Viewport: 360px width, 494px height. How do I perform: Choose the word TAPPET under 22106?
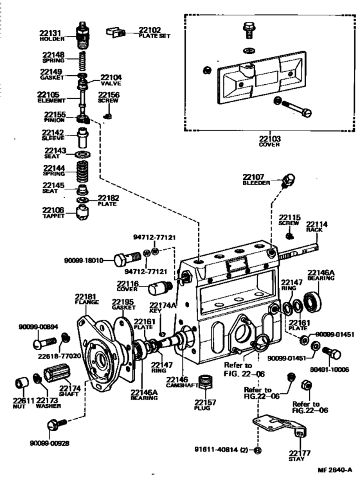click(x=53, y=216)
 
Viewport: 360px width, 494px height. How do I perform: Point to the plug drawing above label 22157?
click(x=206, y=384)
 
